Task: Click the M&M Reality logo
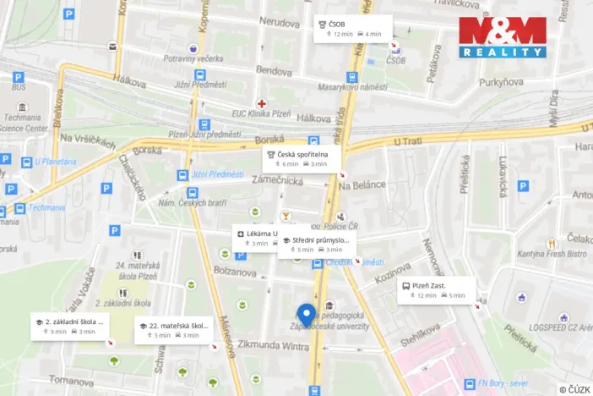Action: [503, 37]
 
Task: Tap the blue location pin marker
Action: [306, 315]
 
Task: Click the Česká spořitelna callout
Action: [302, 158]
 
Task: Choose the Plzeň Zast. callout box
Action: [436, 290]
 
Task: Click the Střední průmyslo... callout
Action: [317, 245]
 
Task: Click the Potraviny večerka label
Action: [192, 59]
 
